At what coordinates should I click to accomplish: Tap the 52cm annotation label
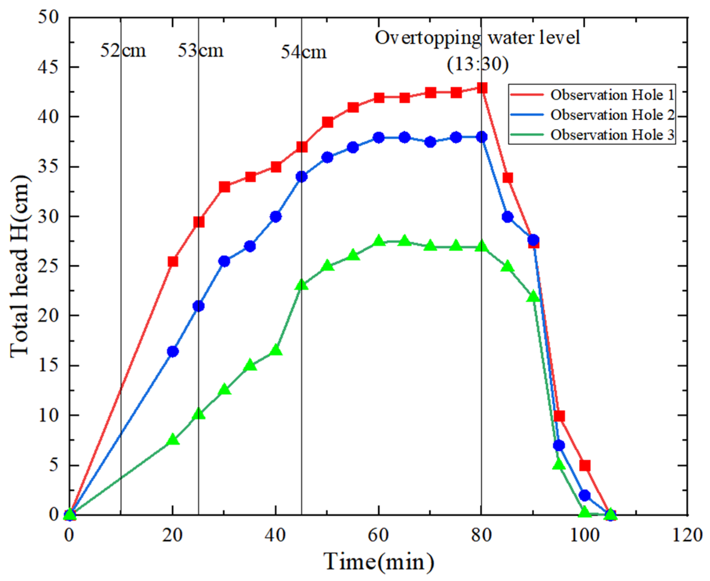pyautogui.click(x=123, y=51)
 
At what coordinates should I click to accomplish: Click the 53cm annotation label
pyautogui.click(x=200, y=51)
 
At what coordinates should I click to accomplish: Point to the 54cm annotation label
pyautogui.click(x=303, y=52)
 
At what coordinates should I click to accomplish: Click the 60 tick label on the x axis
pyautogui.click(x=379, y=535)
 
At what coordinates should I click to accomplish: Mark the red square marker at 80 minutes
pyautogui.click(x=482, y=88)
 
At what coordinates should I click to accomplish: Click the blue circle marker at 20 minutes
pyautogui.click(x=172, y=351)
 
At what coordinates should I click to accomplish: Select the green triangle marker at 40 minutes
pyautogui.click(x=276, y=350)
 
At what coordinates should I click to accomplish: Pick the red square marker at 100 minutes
pyautogui.click(x=585, y=465)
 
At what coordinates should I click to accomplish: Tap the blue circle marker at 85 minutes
pyautogui.click(x=507, y=217)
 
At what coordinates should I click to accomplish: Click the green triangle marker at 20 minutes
pyautogui.click(x=173, y=439)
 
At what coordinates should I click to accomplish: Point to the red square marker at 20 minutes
pyautogui.click(x=172, y=261)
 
